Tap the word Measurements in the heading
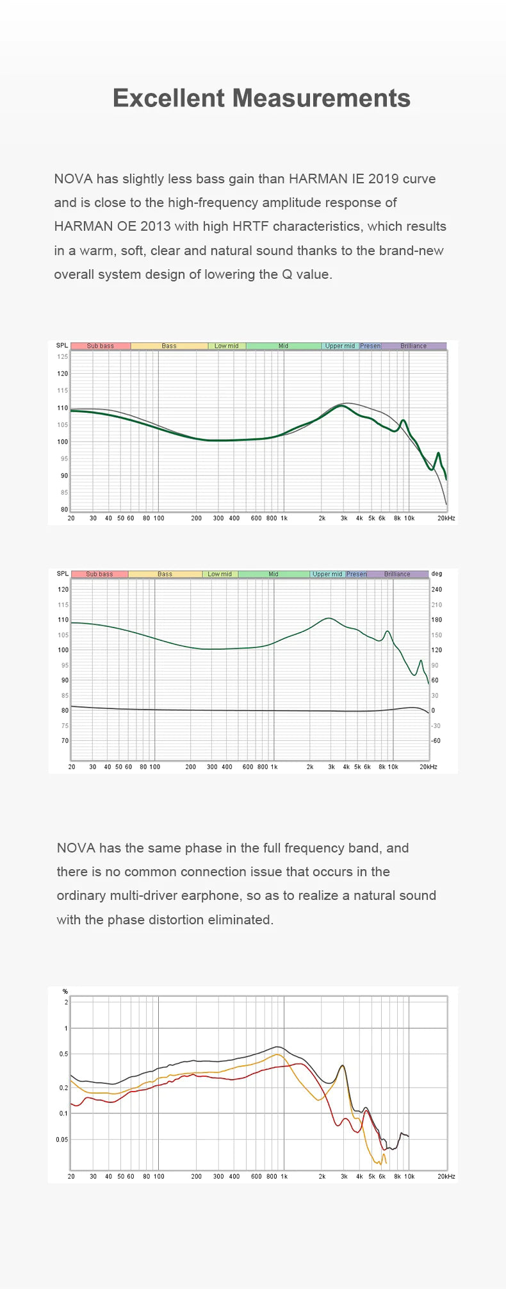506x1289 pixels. coord(321,98)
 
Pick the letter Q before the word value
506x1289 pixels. coord(286,274)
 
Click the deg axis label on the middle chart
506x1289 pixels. coord(437,574)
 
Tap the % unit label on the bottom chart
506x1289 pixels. coord(65,992)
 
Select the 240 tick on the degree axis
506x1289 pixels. coord(437,590)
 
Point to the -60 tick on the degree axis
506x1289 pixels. coord(436,741)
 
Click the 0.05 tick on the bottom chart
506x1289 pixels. coord(61,1139)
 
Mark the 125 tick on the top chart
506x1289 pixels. coord(63,356)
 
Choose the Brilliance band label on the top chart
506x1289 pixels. coord(413,346)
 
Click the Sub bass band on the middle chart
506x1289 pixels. coord(99,574)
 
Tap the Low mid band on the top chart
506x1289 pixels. coord(226,346)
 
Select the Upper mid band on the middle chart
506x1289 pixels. coord(327,574)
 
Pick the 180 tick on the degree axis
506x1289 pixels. coord(437,620)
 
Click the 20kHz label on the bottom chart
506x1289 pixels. coord(446,1176)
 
